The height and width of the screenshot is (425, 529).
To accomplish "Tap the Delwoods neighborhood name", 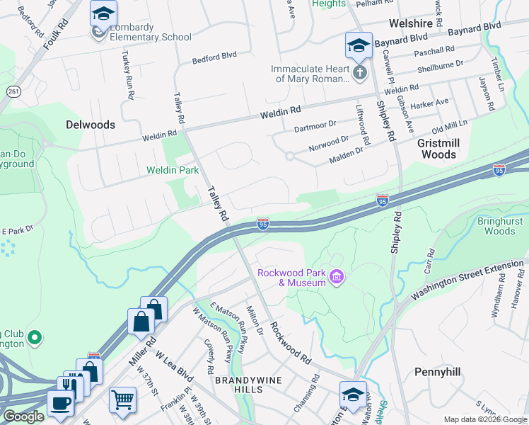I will [90, 125].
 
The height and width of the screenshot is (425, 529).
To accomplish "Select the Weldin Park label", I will [173, 170].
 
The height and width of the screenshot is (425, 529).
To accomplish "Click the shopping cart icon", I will [122, 400].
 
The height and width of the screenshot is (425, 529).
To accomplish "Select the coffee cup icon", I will [60, 402].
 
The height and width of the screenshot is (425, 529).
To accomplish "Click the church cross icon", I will [359, 73].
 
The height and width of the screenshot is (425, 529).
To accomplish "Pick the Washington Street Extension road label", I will [467, 280].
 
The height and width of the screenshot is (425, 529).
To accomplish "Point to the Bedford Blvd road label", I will [219, 55].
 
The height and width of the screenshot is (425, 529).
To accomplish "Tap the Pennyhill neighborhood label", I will [437, 372].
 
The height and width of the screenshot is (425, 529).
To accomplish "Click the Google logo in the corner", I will [23, 416].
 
